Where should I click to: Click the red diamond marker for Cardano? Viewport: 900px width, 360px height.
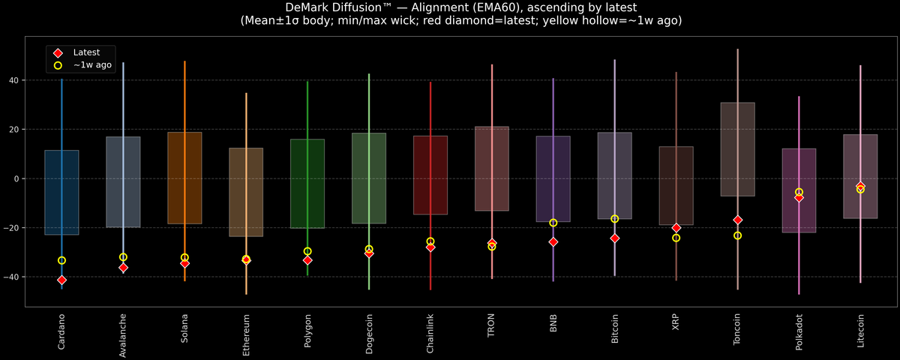pyautogui.click(x=61, y=280)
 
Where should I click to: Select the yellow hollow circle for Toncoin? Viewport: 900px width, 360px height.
pyautogui.click(x=737, y=235)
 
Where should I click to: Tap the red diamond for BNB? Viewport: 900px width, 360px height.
pyautogui.click(x=553, y=241)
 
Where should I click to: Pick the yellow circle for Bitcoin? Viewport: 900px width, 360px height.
pyautogui.click(x=614, y=219)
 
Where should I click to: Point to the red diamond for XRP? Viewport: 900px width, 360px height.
pyautogui.click(x=676, y=227)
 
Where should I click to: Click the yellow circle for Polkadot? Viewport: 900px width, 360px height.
pyautogui.click(x=799, y=192)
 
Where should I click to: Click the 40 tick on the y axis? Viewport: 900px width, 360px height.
pyautogui.click(x=15, y=80)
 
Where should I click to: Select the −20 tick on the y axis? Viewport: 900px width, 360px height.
pyautogui.click(x=13, y=228)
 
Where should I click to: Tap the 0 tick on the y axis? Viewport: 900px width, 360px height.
pyautogui.click(x=17, y=178)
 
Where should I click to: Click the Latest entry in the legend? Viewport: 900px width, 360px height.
pyautogui.click(x=81, y=52)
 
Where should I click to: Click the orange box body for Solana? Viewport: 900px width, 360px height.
pyautogui.click(x=184, y=178)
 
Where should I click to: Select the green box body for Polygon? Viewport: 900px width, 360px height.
pyautogui.click(x=307, y=184)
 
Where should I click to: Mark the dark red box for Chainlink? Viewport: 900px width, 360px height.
pyautogui.click(x=430, y=175)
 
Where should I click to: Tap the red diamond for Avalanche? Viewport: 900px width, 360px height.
pyautogui.click(x=123, y=267)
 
